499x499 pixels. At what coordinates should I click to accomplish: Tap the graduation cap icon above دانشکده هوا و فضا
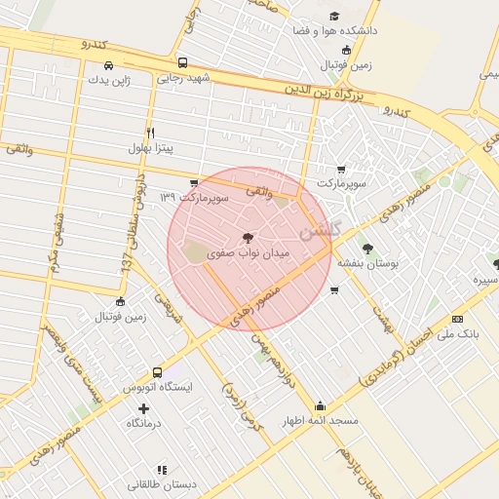[x=334, y=16]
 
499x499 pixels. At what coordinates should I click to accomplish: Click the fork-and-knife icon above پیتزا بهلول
[x=150, y=133]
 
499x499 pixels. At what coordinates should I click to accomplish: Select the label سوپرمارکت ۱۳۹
[x=195, y=198]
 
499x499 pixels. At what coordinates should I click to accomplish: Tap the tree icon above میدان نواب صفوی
[x=248, y=237]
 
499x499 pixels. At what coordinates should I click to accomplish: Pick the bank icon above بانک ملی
[x=458, y=318]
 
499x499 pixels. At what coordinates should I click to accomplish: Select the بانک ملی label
[x=458, y=333]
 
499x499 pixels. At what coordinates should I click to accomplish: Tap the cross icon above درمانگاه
[x=145, y=408]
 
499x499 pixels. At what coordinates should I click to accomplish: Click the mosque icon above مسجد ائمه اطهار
[x=320, y=406]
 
